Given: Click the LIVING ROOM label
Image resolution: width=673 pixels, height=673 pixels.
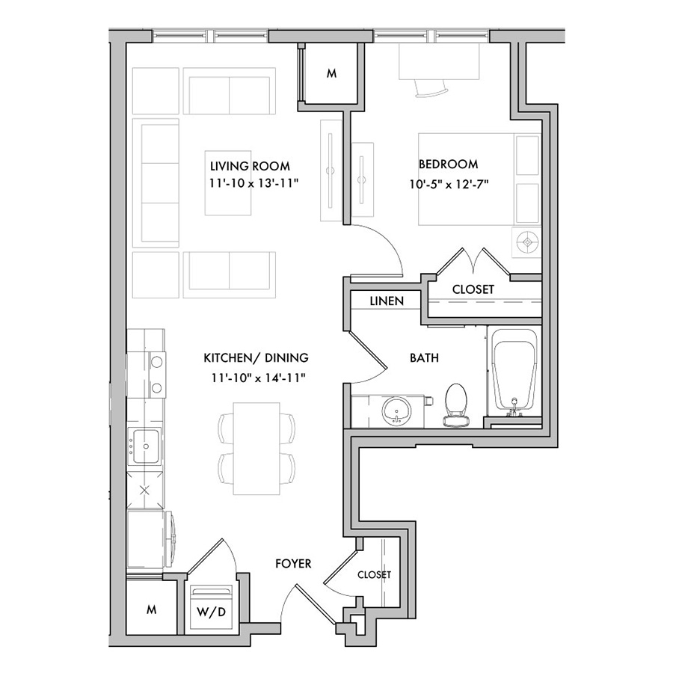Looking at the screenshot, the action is point(250,166).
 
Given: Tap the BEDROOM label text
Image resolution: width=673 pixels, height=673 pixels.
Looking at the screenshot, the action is point(448,164).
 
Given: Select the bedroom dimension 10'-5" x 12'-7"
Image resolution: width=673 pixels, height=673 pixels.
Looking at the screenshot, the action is point(449,184).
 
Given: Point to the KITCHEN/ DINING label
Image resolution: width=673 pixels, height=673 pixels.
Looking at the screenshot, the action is point(256,357).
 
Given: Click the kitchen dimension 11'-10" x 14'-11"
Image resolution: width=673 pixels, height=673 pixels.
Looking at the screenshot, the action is point(258,378).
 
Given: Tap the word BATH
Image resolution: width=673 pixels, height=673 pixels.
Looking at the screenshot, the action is point(424,357).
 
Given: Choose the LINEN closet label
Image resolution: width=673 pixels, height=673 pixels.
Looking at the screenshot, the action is point(387,301).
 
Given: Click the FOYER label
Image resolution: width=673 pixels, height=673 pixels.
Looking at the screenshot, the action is point(293,564).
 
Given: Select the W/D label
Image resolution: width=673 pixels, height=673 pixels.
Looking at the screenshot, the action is point(211,612).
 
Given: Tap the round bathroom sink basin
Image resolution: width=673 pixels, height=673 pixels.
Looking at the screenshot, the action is point(396,411).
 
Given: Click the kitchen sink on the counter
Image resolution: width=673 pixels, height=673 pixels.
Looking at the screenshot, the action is point(146,446).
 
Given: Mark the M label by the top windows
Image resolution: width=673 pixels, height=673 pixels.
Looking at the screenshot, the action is point(331,74).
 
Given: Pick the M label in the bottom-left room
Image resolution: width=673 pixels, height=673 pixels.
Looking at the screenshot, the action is point(151,609).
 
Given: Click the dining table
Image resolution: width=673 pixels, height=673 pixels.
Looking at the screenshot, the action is point(256,448).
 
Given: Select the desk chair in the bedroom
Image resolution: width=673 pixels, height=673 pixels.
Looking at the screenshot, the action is point(431,88).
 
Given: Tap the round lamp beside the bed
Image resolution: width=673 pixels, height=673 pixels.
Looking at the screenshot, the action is point(526,242).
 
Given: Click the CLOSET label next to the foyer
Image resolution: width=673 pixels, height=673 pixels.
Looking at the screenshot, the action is point(375,575).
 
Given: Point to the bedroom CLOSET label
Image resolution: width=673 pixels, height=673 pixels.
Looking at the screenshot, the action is point(473,289).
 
